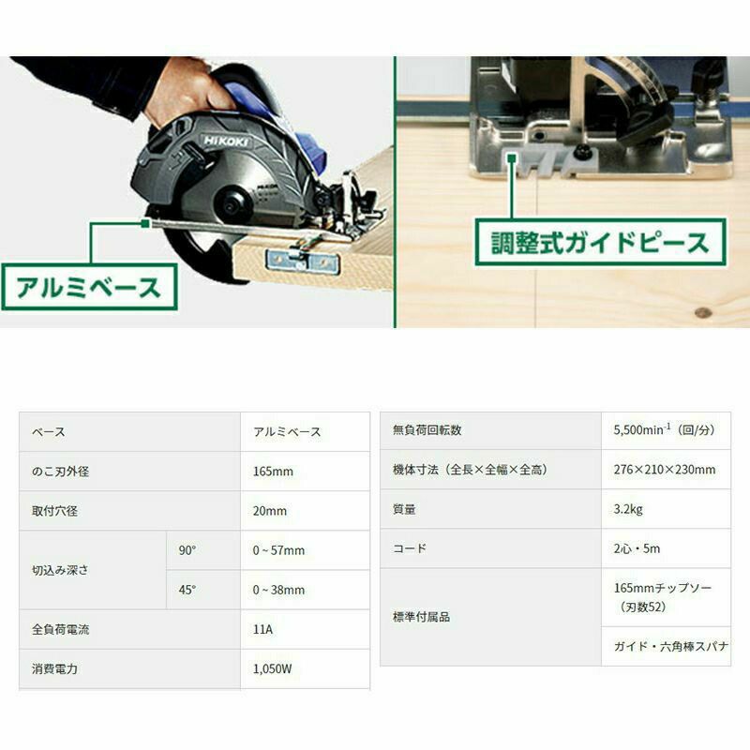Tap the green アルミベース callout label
pyautogui.click(x=89, y=287)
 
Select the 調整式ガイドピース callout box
pyautogui.click(x=600, y=242)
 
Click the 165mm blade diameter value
pyautogui.click(x=273, y=472)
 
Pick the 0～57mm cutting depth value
pyautogui.click(x=278, y=550)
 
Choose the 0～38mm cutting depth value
pyautogui.click(x=278, y=591)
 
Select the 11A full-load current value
pyautogui.click(x=262, y=629)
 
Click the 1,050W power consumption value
pyautogui.click(x=272, y=668)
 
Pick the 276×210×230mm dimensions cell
pyautogui.click(x=665, y=470)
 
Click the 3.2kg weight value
pyautogui.click(x=628, y=509)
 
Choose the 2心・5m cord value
pyautogui.click(x=637, y=548)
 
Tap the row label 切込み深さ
pyautogui.click(x=60, y=570)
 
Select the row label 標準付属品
pyautogui.click(x=421, y=617)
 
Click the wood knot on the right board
pyautogui.click(x=702, y=313)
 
